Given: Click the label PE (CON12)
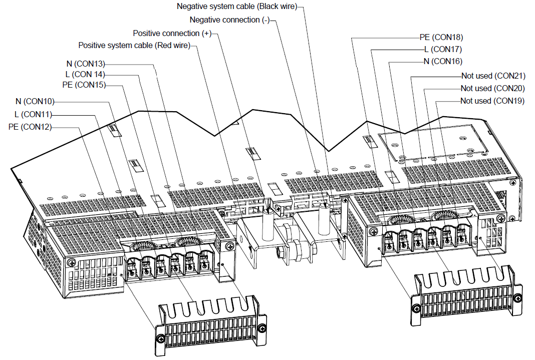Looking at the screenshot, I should [30, 127].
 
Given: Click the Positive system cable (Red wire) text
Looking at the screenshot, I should [134, 46].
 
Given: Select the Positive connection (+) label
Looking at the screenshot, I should [172, 33].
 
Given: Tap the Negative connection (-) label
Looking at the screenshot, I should [229, 20].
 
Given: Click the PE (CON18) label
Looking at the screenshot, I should [441, 37].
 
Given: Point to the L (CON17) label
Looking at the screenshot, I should [443, 49].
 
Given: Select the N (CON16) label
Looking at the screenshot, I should [443, 61].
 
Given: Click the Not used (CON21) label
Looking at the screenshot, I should [492, 76].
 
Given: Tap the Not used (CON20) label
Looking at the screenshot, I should [492, 88].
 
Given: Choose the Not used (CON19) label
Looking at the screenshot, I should [492, 101].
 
